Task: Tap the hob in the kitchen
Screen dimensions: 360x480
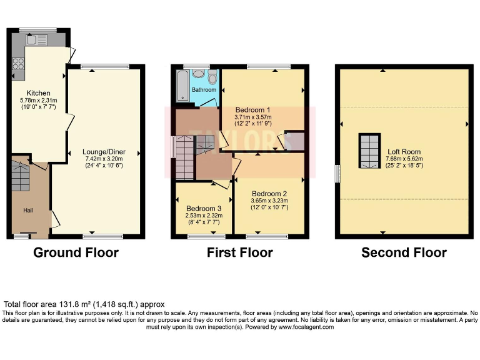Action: point(17,63)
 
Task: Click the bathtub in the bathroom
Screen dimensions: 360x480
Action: point(182,85)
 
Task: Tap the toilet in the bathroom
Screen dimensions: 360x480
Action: point(212,78)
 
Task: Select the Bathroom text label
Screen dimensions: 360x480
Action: point(204,90)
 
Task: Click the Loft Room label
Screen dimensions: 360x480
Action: point(404,152)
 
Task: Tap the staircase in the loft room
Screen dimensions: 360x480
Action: point(369,151)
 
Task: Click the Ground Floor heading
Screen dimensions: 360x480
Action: point(76,252)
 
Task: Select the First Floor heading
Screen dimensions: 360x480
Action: point(239,252)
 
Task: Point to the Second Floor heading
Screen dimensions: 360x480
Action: point(404,252)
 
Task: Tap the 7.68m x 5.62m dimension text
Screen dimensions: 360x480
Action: point(404,159)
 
